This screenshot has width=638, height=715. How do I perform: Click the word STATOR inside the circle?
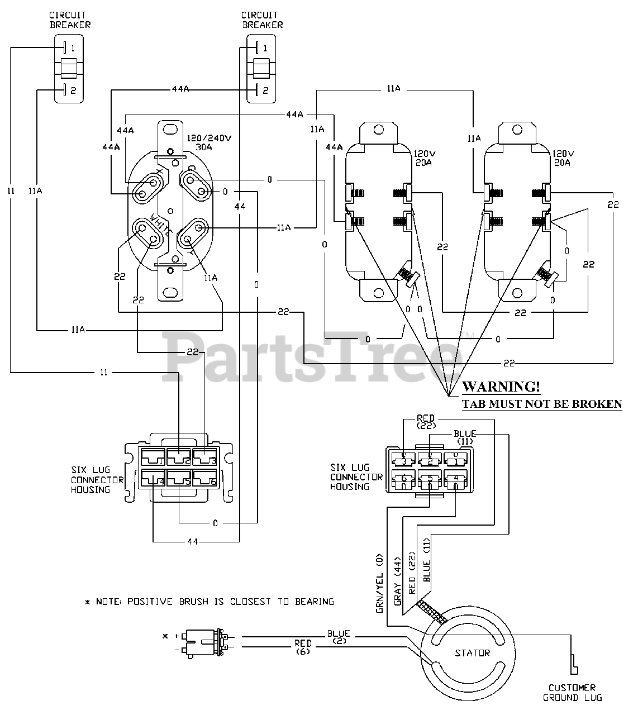coord(472,653)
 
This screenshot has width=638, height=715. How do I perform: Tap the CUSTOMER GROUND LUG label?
coord(572,693)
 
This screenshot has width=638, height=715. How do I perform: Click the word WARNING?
coord(501,387)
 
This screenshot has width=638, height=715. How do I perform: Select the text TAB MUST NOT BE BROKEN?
coord(542,404)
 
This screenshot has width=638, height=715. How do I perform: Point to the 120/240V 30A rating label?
coord(209,142)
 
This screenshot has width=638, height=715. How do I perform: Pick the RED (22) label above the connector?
coord(426,422)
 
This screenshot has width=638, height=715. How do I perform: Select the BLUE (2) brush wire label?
coord(339,637)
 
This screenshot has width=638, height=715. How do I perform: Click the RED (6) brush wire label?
coord(303,647)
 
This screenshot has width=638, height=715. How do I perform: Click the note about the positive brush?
coord(210,602)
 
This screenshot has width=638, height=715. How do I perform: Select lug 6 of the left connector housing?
coord(206,479)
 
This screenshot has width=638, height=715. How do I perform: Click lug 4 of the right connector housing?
coord(456,479)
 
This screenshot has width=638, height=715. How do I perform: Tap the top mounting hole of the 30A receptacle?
coord(170,130)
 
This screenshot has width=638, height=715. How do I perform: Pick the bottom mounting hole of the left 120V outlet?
coord(378,293)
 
